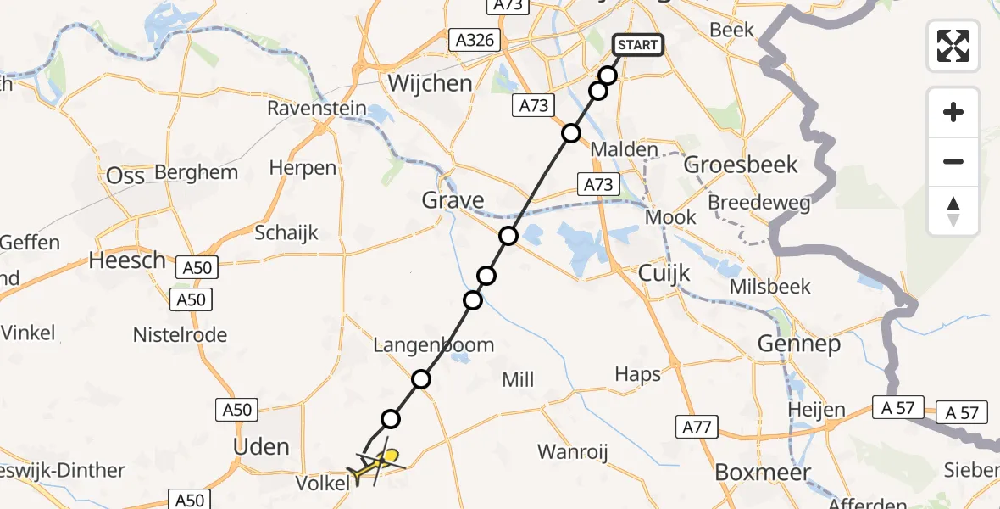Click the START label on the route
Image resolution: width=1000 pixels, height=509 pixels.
coord(638,44)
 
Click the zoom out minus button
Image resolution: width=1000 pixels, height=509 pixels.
coord(953,161)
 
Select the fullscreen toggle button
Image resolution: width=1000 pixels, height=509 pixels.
coord(953,45)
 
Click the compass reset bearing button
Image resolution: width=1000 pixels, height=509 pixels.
coord(953,210)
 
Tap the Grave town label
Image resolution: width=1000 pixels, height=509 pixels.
coord(453,201)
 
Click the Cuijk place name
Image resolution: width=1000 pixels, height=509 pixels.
coord(664,273)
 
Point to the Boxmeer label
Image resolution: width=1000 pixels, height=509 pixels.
coord(763,473)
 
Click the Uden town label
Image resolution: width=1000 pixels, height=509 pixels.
coord(260,446)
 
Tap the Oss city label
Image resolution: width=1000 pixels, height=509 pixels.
coord(125,176)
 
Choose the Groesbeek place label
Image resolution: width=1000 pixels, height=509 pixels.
coord(741,164)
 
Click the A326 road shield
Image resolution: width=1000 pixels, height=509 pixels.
coord(475,40)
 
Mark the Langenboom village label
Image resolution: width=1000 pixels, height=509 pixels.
coord(434,345)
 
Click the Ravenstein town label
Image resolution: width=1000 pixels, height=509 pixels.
coord(317,109)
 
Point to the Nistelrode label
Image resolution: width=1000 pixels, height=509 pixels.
coord(180,335)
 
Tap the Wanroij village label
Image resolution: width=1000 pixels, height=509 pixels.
coord(574,452)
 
